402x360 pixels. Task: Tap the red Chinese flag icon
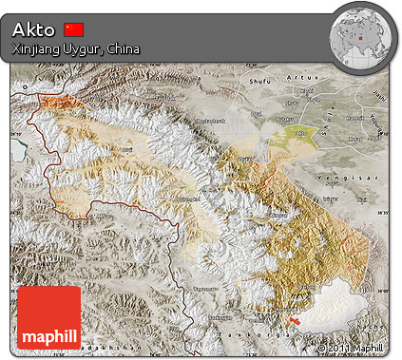pos(74,29)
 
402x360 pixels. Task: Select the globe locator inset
pos(361,35)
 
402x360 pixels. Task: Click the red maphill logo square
pos(49,317)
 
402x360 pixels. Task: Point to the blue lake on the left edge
pos(18,151)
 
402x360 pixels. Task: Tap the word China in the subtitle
pos(126,47)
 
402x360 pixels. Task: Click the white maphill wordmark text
pos(49,336)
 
